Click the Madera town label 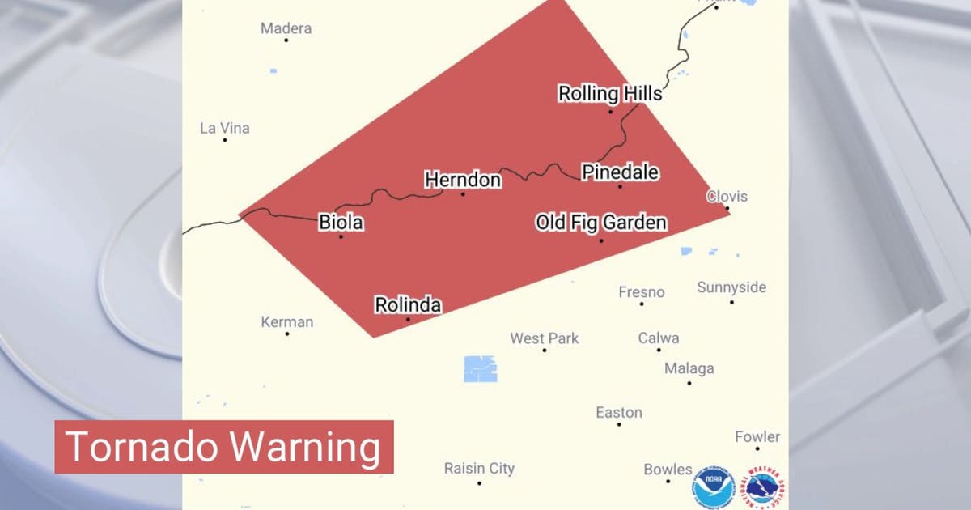click(286, 28)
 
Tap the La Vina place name click(225, 128)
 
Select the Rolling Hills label click(610, 94)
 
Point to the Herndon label click(463, 180)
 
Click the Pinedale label click(620, 172)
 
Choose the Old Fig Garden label click(601, 223)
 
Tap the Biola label click(341, 222)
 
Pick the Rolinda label click(408, 305)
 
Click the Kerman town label click(286, 321)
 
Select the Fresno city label click(642, 291)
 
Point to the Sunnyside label click(731, 287)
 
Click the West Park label click(545, 338)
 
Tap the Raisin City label click(479, 468)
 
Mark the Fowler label click(757, 436)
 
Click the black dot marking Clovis click(727, 209)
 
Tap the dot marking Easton click(619, 424)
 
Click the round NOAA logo click(713, 487)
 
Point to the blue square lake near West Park click(481, 368)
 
